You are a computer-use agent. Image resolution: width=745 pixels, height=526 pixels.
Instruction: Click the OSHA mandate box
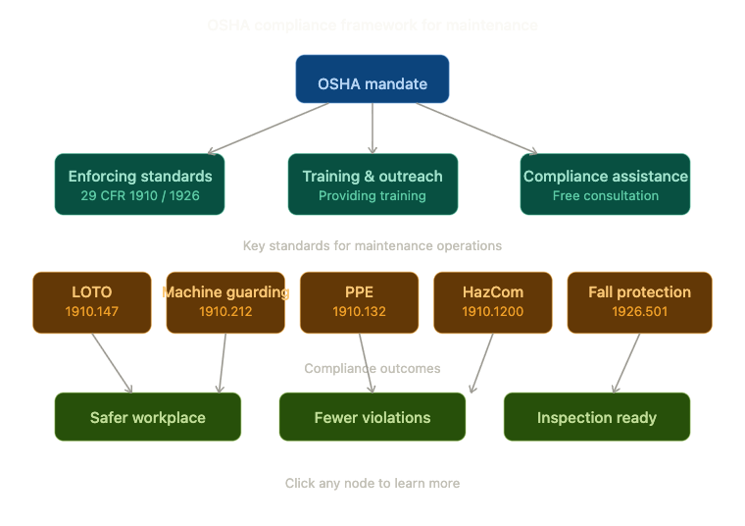coord(372,79)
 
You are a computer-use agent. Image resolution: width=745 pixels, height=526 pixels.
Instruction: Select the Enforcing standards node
coord(140,184)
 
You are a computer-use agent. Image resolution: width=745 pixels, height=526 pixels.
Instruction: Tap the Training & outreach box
coord(372,184)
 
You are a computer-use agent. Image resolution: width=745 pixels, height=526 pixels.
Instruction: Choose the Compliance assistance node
coord(605,184)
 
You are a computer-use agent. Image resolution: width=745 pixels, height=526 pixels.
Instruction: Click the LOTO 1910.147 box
coord(92,302)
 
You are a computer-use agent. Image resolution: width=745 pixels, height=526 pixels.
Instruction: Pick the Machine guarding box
coord(225,302)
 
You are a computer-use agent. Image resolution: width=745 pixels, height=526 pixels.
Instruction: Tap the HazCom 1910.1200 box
coord(493,302)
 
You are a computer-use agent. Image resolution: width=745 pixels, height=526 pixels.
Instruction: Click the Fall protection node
coord(639,302)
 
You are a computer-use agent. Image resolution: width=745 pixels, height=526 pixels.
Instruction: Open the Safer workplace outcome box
coord(148,417)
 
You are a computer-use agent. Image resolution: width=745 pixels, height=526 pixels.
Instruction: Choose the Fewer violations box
coord(372,417)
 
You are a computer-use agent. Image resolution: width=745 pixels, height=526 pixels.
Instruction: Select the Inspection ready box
coord(597,417)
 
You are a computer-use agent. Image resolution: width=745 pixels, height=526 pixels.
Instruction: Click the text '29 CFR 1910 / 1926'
coord(140,196)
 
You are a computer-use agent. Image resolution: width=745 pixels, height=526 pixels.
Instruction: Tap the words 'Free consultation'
coord(606,196)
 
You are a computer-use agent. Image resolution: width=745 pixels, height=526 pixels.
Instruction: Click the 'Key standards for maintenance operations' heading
coord(372,245)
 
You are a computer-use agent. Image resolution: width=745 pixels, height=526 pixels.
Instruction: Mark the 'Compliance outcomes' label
coord(372,369)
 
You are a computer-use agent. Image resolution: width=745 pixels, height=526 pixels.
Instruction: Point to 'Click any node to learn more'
coord(372,484)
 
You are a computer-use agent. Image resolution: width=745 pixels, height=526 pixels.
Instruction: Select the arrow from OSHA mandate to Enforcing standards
coord(270,129)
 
